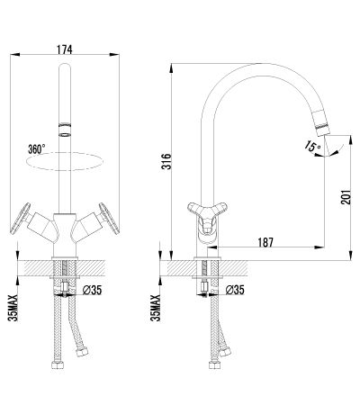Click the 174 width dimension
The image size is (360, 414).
(65, 49)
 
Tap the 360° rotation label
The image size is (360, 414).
(37, 149)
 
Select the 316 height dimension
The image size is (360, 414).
(166, 161)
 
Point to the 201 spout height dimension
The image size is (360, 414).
(346, 197)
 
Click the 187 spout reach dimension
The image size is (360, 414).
(265, 242)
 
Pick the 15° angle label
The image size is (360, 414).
(312, 147)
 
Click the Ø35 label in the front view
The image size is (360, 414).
(92, 290)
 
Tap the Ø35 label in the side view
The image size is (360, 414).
(235, 290)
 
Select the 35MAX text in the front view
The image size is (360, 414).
(13, 308)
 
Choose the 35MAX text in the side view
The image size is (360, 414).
(156, 308)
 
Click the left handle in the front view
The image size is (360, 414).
(21, 219)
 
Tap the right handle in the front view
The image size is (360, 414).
(109, 219)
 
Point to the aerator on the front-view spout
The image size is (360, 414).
(65, 130)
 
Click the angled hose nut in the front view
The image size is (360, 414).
(82, 351)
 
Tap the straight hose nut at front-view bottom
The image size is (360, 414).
(58, 364)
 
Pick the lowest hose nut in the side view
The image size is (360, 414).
(215, 364)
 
